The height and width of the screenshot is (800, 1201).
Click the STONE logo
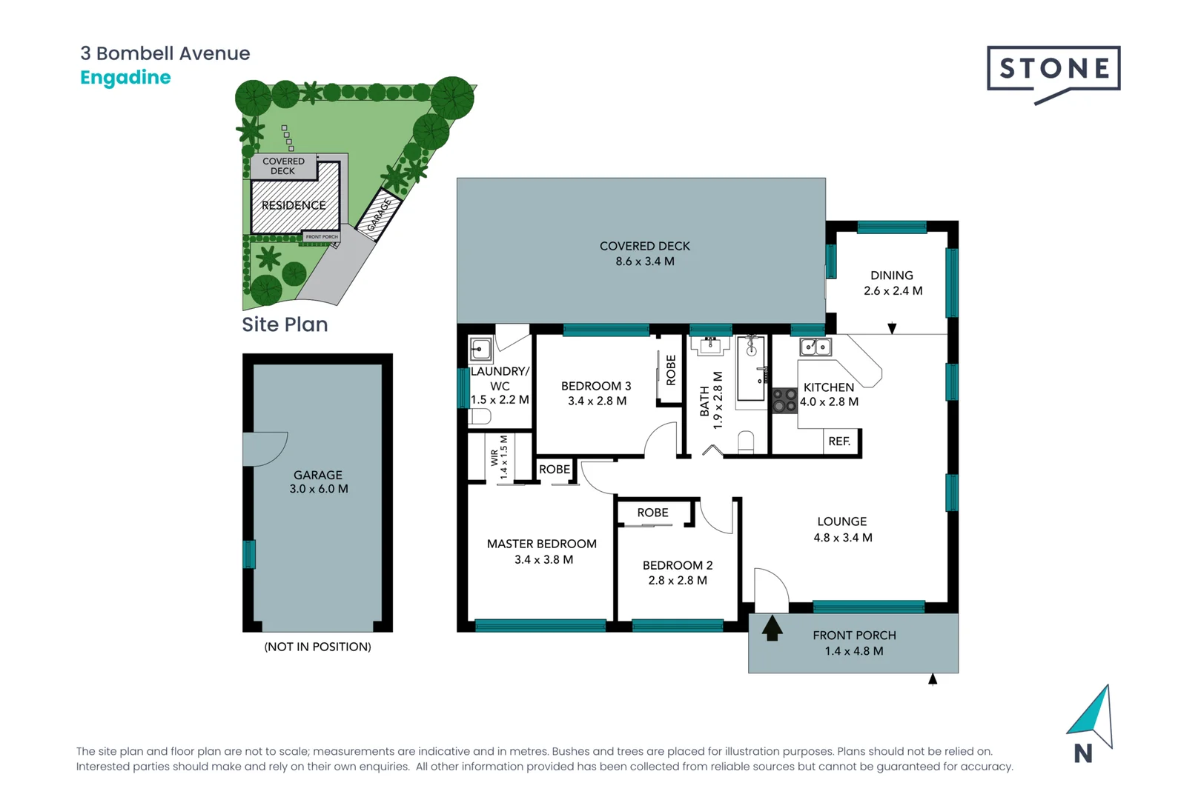point(1053,70)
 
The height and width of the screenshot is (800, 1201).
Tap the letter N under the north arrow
point(1082,753)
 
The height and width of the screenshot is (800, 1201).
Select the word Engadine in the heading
point(125,78)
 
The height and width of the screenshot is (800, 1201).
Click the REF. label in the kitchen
point(839,441)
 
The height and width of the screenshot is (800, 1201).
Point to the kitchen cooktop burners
point(784,401)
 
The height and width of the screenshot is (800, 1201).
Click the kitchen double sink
point(815,347)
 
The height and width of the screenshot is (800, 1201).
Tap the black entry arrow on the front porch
point(772,628)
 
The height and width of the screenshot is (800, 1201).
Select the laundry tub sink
point(481,349)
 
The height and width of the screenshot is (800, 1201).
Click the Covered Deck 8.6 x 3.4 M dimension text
point(644,261)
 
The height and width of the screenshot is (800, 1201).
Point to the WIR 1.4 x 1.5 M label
point(499,457)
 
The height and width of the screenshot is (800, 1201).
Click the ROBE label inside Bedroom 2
point(652,513)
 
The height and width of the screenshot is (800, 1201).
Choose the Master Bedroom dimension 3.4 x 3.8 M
point(543,560)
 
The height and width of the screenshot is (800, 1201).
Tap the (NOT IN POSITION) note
point(317,647)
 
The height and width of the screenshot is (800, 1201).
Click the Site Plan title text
point(285,324)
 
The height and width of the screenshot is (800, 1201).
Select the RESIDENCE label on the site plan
point(294,205)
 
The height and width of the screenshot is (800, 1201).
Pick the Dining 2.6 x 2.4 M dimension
point(893,291)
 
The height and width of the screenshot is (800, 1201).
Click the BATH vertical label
point(704,401)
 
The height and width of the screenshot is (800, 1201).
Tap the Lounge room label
point(841,521)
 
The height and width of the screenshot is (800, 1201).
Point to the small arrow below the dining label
point(892,328)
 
